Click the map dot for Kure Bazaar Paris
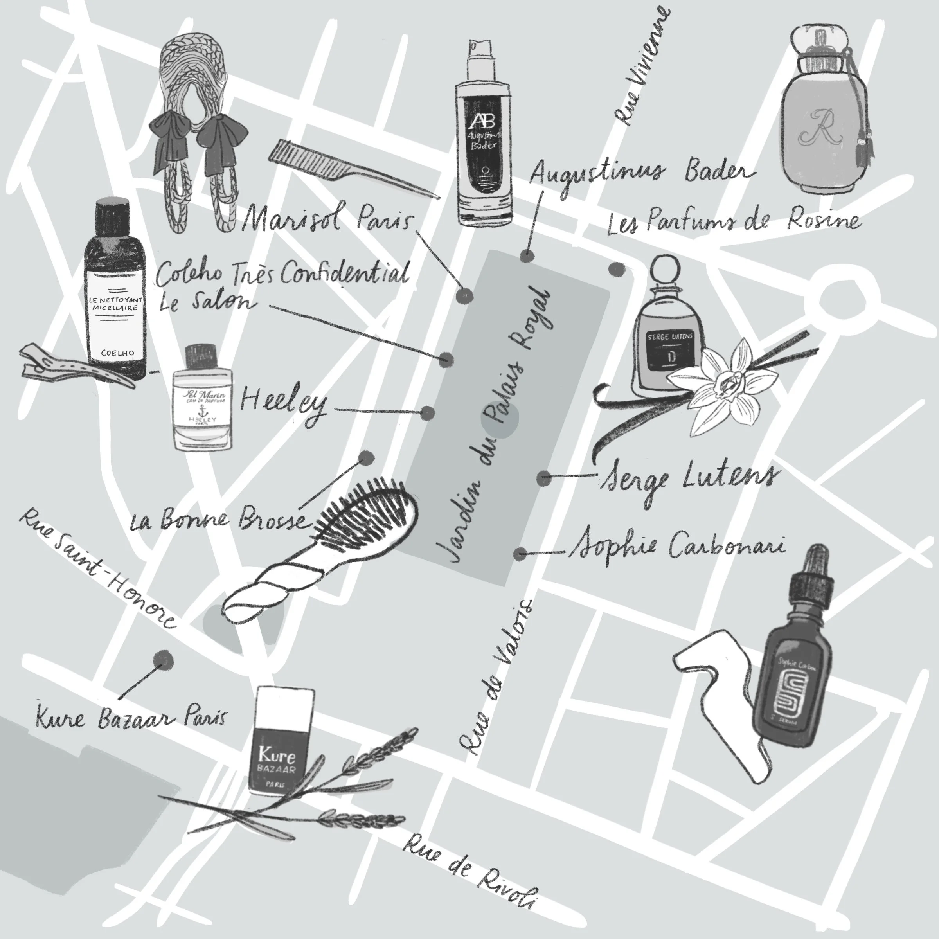coord(163,660)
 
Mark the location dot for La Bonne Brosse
coord(367,457)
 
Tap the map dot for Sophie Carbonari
coord(520,553)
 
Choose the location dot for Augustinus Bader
coord(526,255)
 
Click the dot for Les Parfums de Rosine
coord(617,269)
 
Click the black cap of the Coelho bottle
coord(112,216)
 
